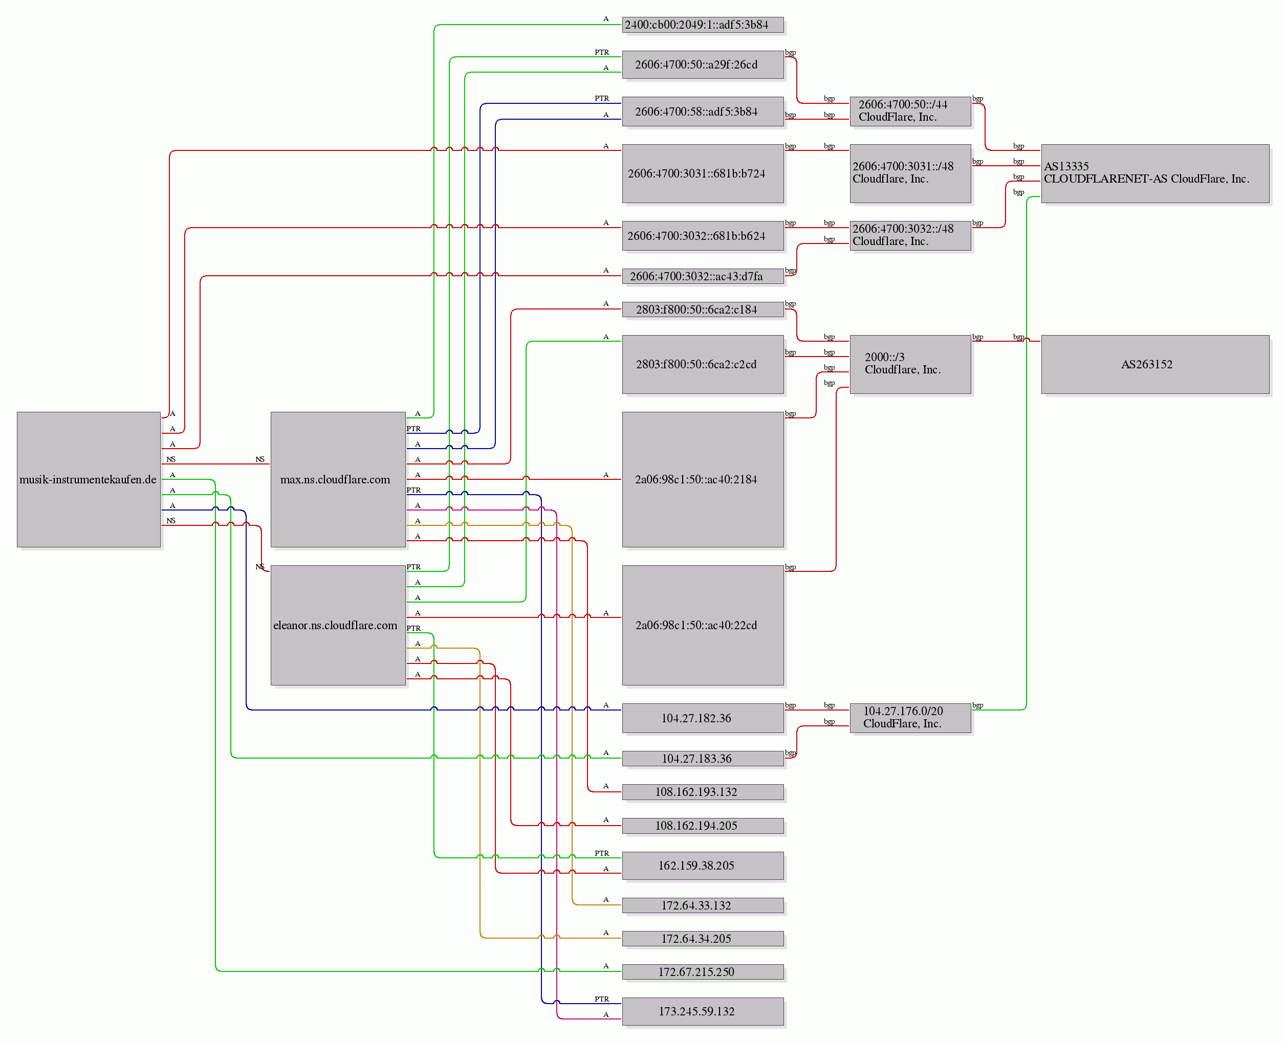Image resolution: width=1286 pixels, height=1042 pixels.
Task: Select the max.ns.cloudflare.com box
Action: pyautogui.click(x=338, y=479)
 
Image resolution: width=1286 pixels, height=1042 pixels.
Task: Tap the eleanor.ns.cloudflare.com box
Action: pyautogui.click(x=338, y=625)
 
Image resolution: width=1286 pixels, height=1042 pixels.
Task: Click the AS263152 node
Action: pyautogui.click(x=1155, y=364)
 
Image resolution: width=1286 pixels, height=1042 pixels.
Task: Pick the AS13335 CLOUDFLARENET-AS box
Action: pyautogui.click(x=1155, y=173)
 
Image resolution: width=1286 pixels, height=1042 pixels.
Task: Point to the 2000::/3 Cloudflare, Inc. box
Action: pyautogui.click(x=910, y=364)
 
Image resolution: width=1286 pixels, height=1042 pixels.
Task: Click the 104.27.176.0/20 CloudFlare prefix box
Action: pyautogui.click(x=910, y=718)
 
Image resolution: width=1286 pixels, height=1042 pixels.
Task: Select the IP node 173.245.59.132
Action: pyautogui.click(x=703, y=1011)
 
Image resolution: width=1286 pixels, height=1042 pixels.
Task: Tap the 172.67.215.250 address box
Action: pyautogui.click(x=703, y=972)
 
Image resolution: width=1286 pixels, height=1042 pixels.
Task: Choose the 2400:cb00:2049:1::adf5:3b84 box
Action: pyautogui.click(x=703, y=25)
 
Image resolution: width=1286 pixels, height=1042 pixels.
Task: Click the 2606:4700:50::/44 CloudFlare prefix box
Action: pyautogui.click(x=910, y=111)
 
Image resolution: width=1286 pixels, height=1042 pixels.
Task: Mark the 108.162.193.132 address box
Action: pyautogui.click(x=703, y=792)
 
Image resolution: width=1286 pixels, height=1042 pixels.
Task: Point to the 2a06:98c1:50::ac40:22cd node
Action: pyautogui.click(x=703, y=625)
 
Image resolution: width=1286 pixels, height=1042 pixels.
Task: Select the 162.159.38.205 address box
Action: pyautogui.click(x=703, y=866)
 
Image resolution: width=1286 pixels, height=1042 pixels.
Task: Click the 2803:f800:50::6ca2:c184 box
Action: pyautogui.click(x=703, y=309)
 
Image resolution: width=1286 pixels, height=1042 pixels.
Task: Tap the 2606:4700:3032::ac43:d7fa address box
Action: pyautogui.click(x=703, y=276)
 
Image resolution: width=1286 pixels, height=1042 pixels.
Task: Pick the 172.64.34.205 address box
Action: pyautogui.click(x=703, y=938)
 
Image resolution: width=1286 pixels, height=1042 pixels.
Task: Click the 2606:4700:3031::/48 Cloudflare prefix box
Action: pyautogui.click(x=910, y=173)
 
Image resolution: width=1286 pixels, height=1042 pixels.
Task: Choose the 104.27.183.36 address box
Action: pyautogui.click(x=703, y=759)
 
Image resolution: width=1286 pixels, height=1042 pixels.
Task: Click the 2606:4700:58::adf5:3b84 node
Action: pyautogui.click(x=703, y=111)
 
